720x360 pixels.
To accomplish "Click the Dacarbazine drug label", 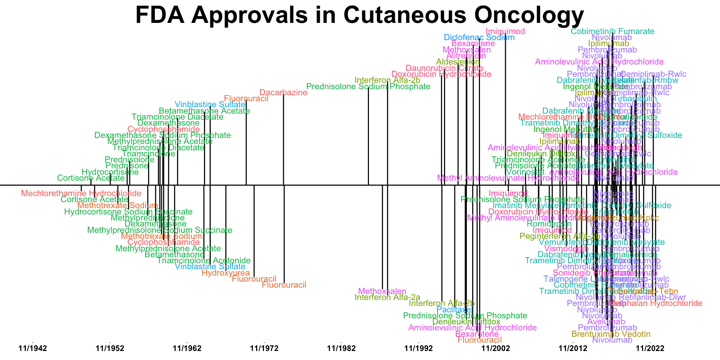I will click(x=283, y=93).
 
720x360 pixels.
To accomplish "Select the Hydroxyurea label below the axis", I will click(x=225, y=273).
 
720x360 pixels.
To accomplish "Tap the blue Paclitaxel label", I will click(x=454, y=310).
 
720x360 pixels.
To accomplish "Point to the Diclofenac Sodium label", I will click(x=479, y=37).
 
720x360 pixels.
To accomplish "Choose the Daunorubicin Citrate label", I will click(x=444, y=68).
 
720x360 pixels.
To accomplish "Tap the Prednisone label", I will click(x=127, y=166).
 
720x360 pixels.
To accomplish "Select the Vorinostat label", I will click(x=525, y=172).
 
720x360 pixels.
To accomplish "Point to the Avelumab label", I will click(x=606, y=322).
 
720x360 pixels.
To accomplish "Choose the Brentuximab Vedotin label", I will click(x=611, y=334).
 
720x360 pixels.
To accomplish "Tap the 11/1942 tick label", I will click(x=33, y=348).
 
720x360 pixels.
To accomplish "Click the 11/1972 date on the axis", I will click(x=264, y=348).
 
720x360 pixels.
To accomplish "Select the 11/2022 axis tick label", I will click(x=650, y=348).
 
